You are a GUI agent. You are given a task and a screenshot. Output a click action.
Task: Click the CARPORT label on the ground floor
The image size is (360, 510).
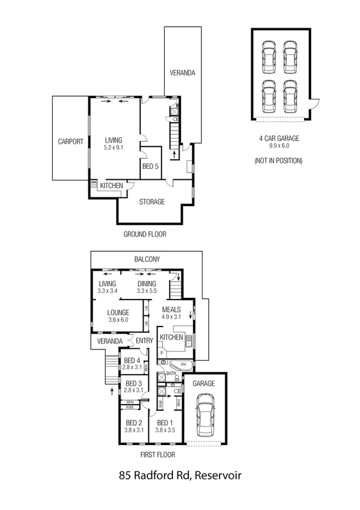click(x=70, y=142)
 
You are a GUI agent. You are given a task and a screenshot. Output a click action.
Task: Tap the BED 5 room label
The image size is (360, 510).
click(x=150, y=167)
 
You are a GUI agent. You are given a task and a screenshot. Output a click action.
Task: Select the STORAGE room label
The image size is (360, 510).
click(x=152, y=202)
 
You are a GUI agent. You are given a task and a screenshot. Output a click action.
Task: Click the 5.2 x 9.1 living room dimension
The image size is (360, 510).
click(x=114, y=147)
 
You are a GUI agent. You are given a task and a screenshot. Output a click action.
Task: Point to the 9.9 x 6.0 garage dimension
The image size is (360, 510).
click(x=278, y=145)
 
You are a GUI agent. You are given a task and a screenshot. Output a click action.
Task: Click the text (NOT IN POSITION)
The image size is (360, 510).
click(x=278, y=161)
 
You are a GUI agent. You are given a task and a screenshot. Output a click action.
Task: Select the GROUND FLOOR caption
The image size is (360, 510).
click(x=145, y=234)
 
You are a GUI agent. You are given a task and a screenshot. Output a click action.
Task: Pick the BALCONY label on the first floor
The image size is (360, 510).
click(x=147, y=259)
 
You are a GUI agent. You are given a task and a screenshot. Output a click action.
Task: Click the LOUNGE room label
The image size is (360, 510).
click(x=118, y=313)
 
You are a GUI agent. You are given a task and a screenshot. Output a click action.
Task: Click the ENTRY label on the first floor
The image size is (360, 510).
click(x=144, y=341)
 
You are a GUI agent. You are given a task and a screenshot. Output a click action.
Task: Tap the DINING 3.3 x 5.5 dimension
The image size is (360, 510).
click(x=146, y=291)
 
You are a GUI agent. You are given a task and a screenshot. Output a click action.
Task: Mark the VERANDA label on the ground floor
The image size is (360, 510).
click(x=182, y=73)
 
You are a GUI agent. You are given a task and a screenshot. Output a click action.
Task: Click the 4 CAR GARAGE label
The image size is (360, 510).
click(x=278, y=138)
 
